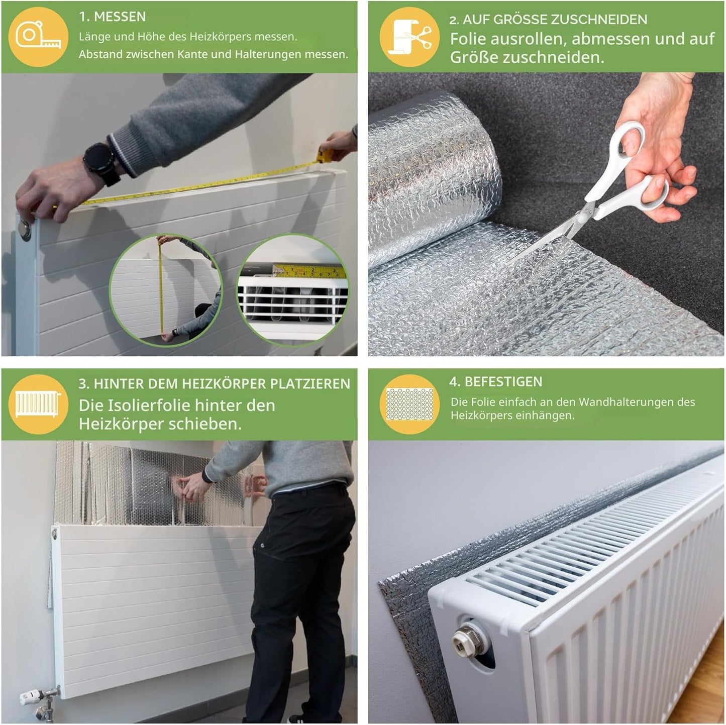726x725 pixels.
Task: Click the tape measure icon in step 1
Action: coord(38,37)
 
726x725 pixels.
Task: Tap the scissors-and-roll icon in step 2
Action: coord(409,37)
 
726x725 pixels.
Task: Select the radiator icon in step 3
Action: coord(38,404)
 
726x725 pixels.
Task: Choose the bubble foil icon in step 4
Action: coord(409,404)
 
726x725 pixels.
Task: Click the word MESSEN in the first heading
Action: coord(120,17)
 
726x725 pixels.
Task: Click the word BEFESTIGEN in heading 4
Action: coord(503,382)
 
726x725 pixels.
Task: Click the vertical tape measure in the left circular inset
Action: coord(161,287)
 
